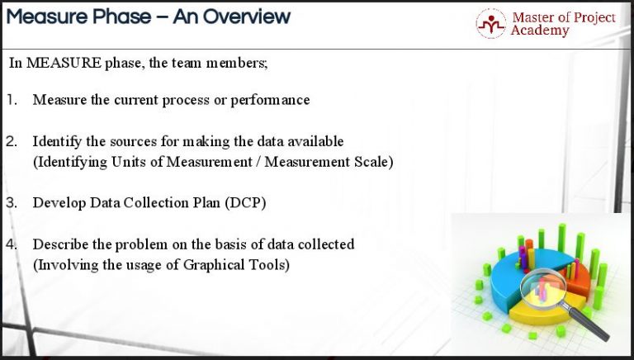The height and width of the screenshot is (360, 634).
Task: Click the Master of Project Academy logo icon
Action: tap(491, 23)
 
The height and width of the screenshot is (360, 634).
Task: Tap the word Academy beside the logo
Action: tap(540, 31)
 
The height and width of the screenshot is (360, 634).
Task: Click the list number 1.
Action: tap(12, 100)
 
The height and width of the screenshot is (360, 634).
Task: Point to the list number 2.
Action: tap(12, 141)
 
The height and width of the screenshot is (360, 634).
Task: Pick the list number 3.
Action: tap(12, 202)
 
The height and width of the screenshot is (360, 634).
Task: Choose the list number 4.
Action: tap(12, 244)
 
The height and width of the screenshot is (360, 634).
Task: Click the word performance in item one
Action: tap(269, 100)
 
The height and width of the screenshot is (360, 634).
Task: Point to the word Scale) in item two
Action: tap(371, 162)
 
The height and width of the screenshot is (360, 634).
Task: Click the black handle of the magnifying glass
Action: tap(593, 324)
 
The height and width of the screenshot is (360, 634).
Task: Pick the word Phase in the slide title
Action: tap(117, 16)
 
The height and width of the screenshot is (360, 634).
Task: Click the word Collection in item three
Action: tap(145, 202)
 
